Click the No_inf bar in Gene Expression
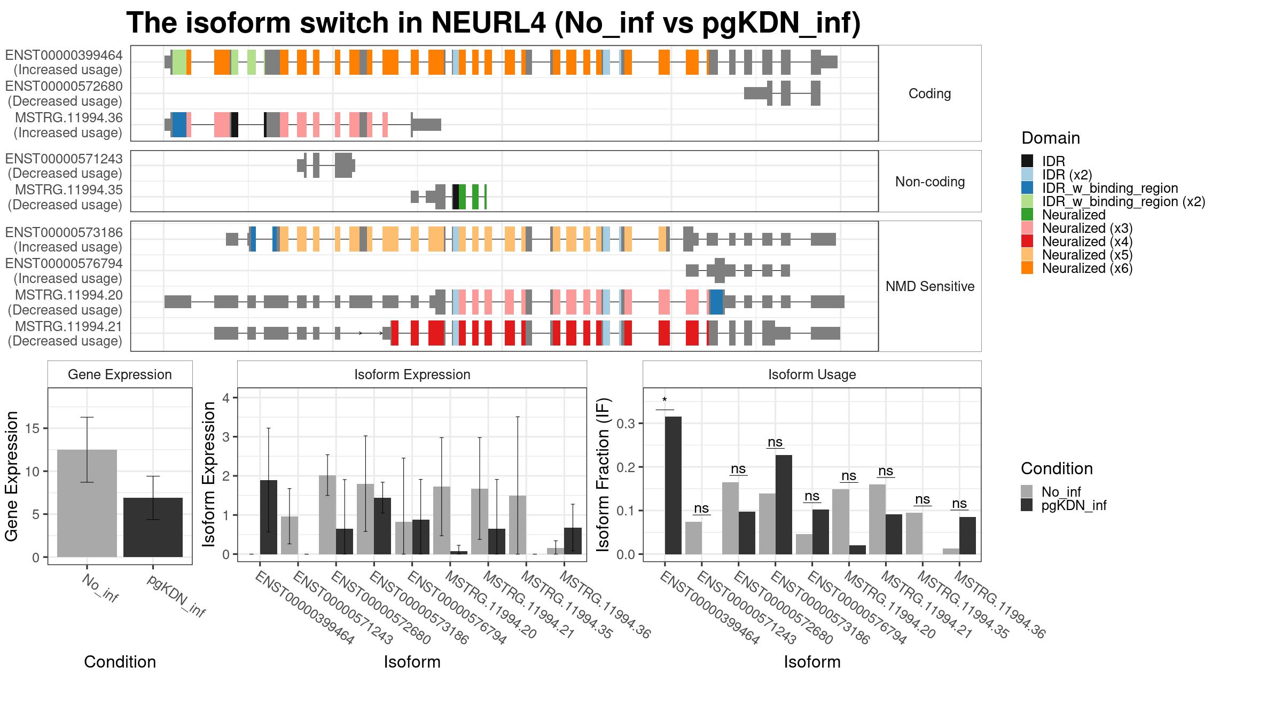tap(87, 503)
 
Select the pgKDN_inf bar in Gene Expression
tap(153, 527)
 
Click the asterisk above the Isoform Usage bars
tap(665, 401)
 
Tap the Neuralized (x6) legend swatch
tap(1027, 268)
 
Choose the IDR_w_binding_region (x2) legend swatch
tap(1027, 201)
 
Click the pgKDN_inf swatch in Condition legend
tap(1027, 505)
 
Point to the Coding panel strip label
tap(929, 93)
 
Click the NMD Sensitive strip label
tap(929, 286)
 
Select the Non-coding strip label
tap(929, 182)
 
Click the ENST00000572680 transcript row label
tap(64, 87)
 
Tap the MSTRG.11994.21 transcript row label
tap(68, 326)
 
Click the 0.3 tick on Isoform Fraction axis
tap(626, 424)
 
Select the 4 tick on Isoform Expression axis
tap(226, 398)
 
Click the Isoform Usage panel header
tap(812, 374)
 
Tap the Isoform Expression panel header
tap(412, 374)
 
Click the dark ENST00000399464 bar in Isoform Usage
tap(673, 485)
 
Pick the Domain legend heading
tap(1051, 138)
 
